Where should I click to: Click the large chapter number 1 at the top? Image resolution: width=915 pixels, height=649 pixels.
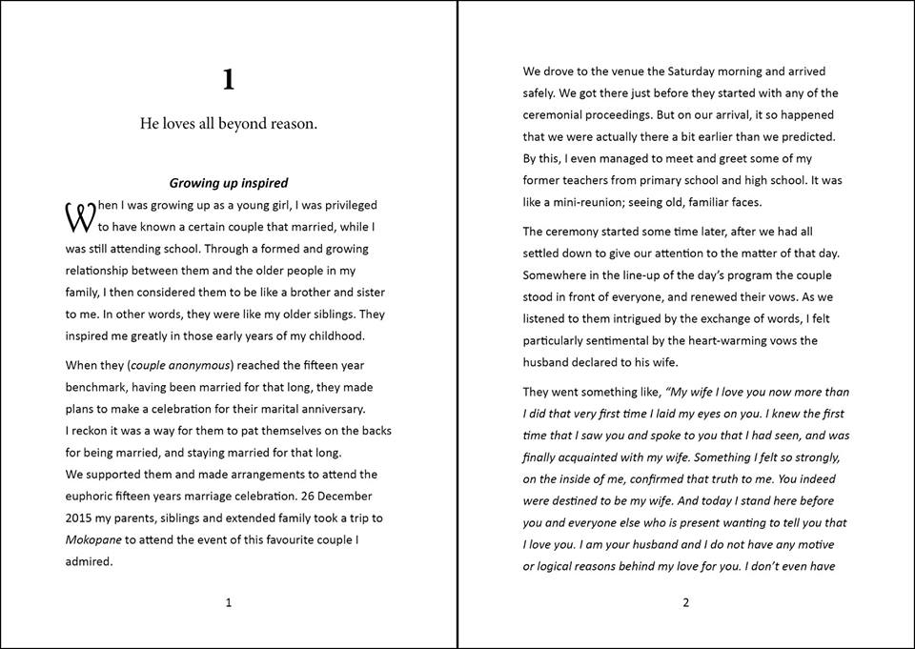228,80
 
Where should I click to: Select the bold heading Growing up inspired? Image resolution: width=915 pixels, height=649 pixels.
229,182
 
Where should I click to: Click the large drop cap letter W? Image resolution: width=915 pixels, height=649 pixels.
79,217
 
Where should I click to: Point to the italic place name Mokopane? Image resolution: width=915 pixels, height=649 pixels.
94,539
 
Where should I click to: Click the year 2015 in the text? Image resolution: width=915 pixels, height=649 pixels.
81,517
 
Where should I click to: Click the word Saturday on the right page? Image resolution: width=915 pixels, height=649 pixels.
696,71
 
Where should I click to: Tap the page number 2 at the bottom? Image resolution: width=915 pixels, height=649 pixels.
685,602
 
